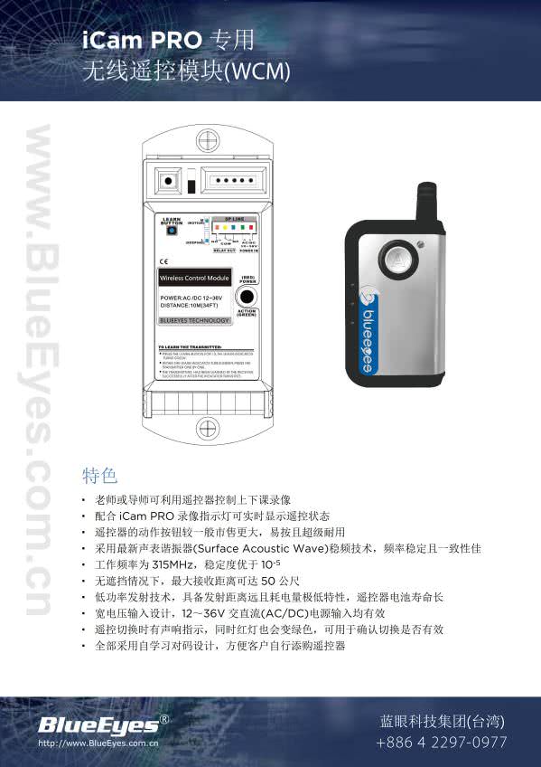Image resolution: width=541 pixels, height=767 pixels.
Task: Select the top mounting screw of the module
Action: coord(208,140)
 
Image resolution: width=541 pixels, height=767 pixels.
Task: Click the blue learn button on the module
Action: coord(171,230)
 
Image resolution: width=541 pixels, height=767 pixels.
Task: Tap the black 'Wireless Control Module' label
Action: coord(194,277)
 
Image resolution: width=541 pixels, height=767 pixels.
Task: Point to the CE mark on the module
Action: coord(163,261)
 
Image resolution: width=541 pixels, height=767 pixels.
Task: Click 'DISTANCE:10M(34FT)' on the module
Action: coord(189,305)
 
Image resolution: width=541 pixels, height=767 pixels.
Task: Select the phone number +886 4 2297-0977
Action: coord(442,743)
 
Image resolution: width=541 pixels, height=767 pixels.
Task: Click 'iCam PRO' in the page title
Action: coord(142,40)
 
